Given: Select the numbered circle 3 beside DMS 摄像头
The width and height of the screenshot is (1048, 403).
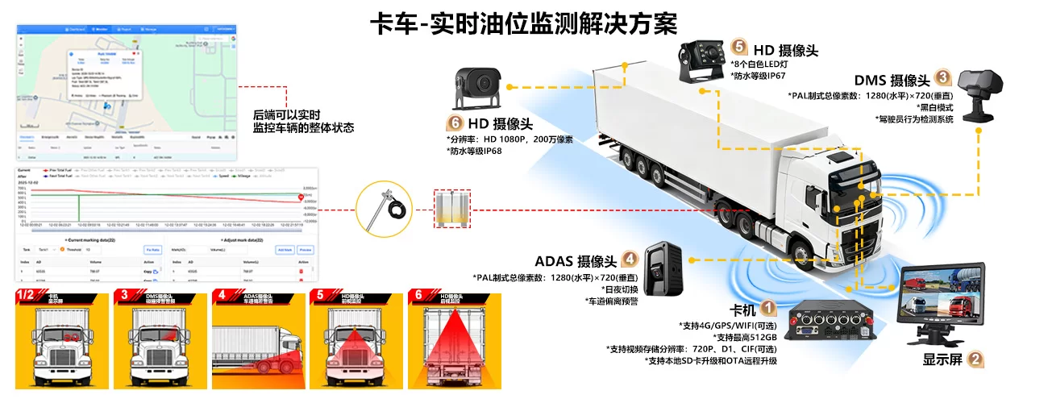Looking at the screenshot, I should pos(943,78).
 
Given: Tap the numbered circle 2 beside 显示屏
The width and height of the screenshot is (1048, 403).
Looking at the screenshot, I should pos(975,360).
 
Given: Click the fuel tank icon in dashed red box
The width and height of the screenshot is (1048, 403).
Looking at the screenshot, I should pos(452,210).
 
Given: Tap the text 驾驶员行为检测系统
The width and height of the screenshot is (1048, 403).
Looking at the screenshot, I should pos(913,119).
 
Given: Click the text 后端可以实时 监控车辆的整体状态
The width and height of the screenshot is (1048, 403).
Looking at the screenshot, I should pos(303,121).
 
